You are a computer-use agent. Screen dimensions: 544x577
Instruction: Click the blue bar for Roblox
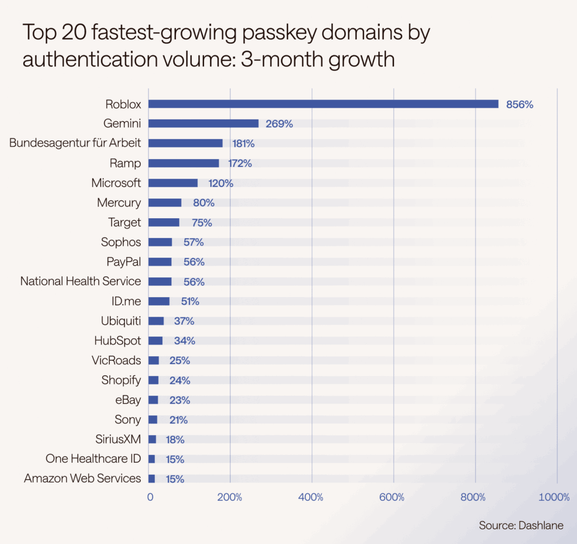(x=323, y=104)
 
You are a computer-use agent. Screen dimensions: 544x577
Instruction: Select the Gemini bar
(x=203, y=123)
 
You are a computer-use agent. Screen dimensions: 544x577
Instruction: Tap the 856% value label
(x=520, y=104)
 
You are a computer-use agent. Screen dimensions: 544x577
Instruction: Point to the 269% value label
(x=279, y=124)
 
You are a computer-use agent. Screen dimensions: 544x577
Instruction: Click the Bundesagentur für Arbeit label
(x=76, y=143)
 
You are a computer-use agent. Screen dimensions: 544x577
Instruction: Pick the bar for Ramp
(x=184, y=163)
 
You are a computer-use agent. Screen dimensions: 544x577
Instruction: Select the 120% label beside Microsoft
(x=220, y=183)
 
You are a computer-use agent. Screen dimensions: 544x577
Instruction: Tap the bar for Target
(x=163, y=222)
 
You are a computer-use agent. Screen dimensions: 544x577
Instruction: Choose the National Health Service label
(x=81, y=281)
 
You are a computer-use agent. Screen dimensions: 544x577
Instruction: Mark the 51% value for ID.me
(x=190, y=302)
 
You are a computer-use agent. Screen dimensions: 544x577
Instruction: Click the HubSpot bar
(x=156, y=340)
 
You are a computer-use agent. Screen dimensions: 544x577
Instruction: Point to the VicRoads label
(x=116, y=360)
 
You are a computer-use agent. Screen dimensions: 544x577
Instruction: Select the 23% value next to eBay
(x=180, y=400)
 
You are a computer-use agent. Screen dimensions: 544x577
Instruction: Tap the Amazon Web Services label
(x=82, y=478)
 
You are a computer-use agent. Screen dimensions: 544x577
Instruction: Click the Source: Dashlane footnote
(x=521, y=525)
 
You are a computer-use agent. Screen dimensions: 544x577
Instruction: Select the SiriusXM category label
(x=118, y=439)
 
